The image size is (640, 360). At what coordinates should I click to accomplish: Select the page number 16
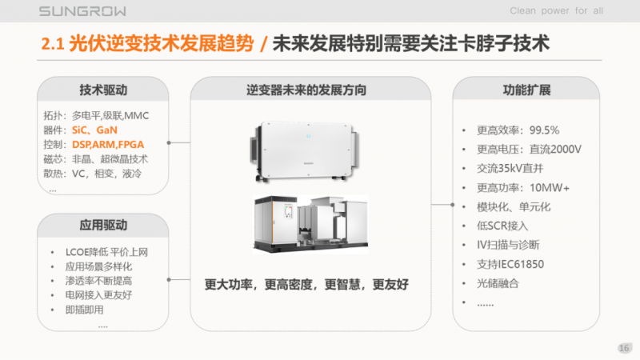coord(624,346)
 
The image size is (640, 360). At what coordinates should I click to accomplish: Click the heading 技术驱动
coord(103,90)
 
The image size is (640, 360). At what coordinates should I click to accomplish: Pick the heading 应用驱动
coord(103,226)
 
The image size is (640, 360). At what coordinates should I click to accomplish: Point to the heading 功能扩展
coord(526,90)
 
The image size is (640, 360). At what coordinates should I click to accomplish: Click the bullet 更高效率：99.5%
coord(518,130)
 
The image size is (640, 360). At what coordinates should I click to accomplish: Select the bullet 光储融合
coord(498,283)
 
